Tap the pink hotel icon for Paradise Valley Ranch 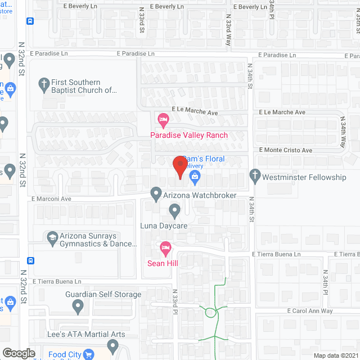click(163, 119)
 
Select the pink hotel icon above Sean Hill click(165, 247)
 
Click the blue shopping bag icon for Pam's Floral click(195, 178)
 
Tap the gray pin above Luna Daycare click(174, 211)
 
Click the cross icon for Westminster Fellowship click(255, 177)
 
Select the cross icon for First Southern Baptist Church click(43, 84)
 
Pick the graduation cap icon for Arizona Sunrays click(53, 238)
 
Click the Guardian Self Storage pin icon click(78, 307)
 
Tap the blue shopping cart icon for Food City click(89, 354)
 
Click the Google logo click(19, 353)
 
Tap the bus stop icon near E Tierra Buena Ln click(30, 261)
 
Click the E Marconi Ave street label click(51, 199)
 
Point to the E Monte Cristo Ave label click(285, 151)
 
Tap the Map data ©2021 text click(336, 355)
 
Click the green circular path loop click(212, 313)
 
